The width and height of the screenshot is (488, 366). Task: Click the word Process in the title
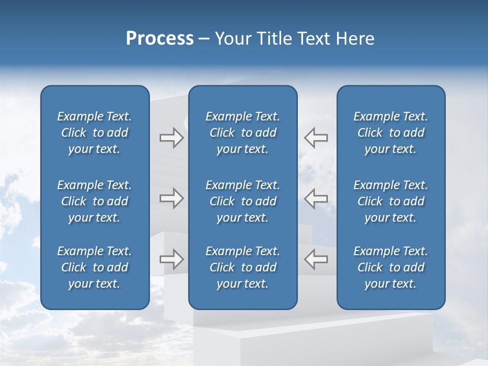click(x=160, y=39)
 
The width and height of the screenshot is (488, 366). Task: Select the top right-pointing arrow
click(x=171, y=138)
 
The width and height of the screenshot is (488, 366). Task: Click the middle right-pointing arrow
click(x=171, y=198)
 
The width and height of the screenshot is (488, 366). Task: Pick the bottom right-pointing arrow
click(x=171, y=259)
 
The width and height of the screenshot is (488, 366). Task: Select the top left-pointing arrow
click(x=316, y=138)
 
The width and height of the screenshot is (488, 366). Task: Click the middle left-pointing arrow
click(x=316, y=198)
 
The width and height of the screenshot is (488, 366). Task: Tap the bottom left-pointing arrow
click(x=316, y=259)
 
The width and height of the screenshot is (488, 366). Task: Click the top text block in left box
click(x=95, y=133)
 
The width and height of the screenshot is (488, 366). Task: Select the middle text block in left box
click(x=95, y=201)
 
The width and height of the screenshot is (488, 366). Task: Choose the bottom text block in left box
click(x=95, y=267)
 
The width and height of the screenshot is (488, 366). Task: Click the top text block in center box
click(x=243, y=133)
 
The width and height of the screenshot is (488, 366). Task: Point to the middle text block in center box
click(x=243, y=201)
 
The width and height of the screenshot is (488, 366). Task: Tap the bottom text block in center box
click(x=243, y=267)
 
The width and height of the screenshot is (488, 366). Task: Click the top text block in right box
click(x=391, y=133)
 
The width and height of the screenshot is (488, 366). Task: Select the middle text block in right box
click(x=391, y=201)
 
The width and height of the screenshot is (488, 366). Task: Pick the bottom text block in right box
click(x=391, y=267)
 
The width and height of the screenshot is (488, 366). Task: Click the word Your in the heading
click(x=233, y=39)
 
